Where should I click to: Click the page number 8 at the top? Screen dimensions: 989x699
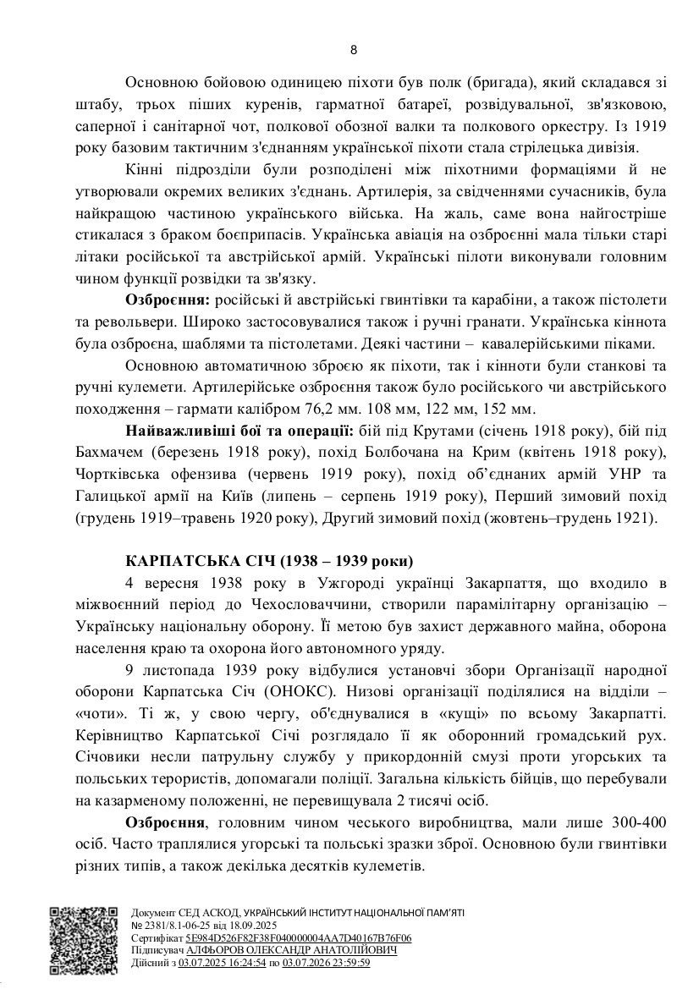[x=353, y=49]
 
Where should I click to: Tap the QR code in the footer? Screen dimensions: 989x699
[x=82, y=940]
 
